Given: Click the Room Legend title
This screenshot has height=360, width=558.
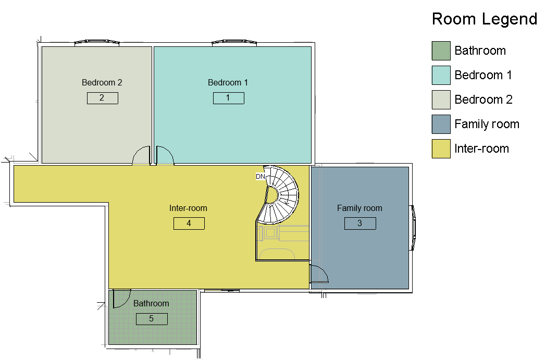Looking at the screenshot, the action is [485, 19].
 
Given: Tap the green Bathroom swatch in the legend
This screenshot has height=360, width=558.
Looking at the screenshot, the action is [441, 51].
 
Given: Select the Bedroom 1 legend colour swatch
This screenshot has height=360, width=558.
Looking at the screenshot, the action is [441, 75].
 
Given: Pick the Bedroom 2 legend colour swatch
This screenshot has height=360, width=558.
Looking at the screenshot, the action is [441, 100].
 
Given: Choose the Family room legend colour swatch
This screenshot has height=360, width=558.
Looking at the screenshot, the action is [441, 124].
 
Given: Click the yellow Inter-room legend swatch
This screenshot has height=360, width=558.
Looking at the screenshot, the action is [441, 148].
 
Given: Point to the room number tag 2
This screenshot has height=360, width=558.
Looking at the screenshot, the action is [103, 98].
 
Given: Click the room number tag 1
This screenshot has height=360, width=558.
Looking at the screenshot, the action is [229, 98].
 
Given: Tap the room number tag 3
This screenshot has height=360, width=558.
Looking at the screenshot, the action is [360, 224].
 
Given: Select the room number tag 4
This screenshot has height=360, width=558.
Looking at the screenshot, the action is [189, 224].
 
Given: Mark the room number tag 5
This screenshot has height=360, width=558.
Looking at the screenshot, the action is [152, 319].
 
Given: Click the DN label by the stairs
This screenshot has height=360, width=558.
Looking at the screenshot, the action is [261, 177].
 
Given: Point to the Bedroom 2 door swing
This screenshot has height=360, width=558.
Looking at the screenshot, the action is [142, 155].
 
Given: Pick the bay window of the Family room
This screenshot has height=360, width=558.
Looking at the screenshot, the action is [413, 228].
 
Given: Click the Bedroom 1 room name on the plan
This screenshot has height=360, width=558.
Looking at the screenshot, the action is [228, 82].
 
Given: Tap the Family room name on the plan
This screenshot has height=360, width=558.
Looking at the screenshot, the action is [359, 208].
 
